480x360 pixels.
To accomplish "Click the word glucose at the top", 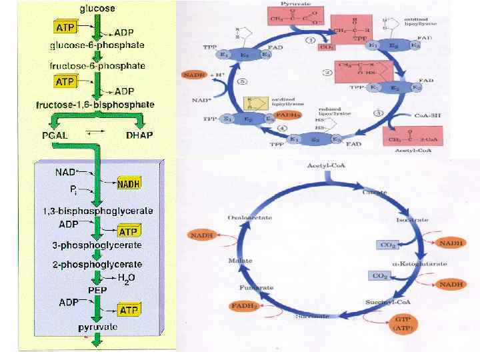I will coord(97,9).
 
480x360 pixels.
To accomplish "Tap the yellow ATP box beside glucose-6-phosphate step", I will coord(65,27).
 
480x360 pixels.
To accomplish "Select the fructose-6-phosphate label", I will coord(97,66).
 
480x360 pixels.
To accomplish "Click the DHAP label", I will coord(139,135).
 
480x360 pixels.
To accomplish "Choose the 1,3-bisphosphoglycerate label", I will coord(98,211).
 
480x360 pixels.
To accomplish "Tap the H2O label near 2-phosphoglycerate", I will coord(127,278).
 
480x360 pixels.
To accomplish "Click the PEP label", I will coord(98,291).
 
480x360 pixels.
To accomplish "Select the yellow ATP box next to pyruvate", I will coord(128,310).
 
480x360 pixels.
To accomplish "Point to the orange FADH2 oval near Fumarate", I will coord(245,305).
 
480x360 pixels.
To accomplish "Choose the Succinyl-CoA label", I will coord(382,303).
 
